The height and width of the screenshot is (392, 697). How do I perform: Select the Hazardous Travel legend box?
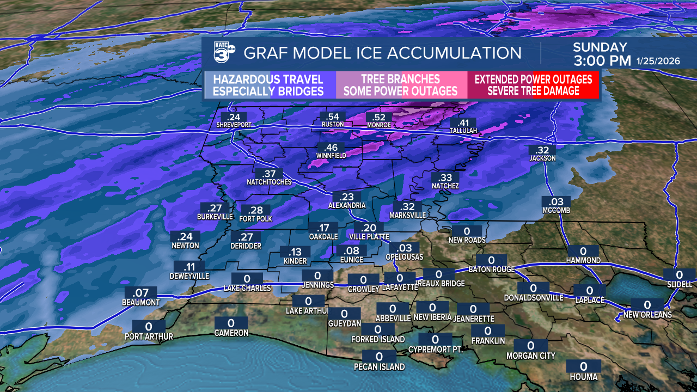(x=268, y=85)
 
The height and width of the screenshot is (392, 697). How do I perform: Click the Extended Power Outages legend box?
(x=533, y=85)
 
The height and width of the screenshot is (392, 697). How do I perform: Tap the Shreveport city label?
(x=234, y=125)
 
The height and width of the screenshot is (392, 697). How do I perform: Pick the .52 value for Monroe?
(x=379, y=118)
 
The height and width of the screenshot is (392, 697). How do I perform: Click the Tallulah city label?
(x=463, y=131)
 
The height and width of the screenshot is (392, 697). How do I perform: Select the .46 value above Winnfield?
(x=331, y=148)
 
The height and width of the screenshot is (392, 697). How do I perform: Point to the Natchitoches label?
(x=269, y=182)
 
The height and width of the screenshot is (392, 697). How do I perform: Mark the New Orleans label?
(x=647, y=315)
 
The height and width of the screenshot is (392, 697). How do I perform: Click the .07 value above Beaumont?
(x=141, y=293)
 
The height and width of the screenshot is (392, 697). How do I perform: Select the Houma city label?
(x=584, y=377)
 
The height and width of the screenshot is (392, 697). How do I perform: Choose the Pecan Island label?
(x=379, y=366)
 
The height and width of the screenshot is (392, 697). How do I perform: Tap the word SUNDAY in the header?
(x=600, y=47)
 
